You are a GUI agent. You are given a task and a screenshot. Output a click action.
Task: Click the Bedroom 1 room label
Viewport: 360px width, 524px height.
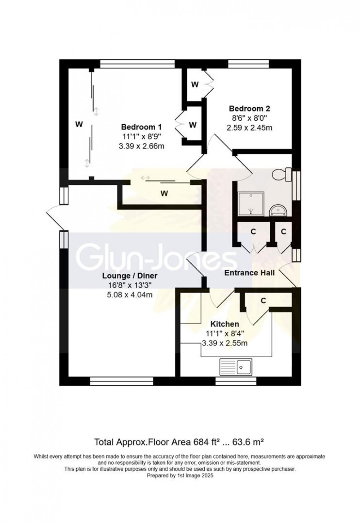click(142, 127)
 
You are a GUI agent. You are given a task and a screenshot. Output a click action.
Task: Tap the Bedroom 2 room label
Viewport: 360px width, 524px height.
click(250, 109)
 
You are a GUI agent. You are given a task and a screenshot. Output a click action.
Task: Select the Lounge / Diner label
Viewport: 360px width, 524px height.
click(130, 276)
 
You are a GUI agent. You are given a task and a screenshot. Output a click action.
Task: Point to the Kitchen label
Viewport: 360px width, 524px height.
click(225, 324)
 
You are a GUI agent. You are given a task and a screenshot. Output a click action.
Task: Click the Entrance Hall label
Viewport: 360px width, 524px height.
click(250, 273)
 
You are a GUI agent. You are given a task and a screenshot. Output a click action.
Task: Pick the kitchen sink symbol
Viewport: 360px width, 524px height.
click(236, 367)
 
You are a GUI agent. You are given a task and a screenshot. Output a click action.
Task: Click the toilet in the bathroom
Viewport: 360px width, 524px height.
click(282, 174)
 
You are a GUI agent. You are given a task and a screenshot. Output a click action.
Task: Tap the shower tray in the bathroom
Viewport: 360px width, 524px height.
click(251, 204)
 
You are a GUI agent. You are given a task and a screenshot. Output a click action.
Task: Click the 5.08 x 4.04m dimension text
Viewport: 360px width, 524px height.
click(130, 294)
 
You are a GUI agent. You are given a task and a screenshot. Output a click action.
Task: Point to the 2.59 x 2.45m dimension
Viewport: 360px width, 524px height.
click(250, 128)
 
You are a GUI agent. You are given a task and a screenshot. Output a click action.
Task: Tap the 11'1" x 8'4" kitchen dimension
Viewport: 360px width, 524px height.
click(225, 334)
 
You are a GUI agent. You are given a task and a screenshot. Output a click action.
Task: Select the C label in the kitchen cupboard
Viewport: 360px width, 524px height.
click(263, 300)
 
